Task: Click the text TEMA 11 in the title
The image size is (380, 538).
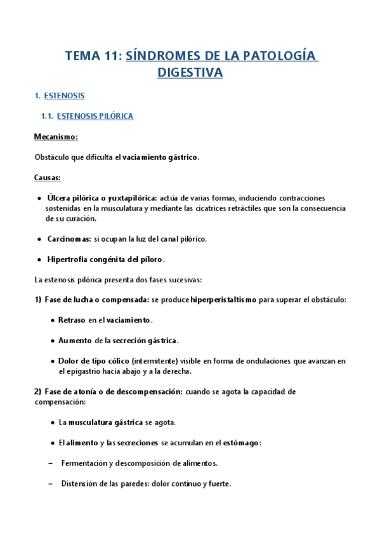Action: click(93, 56)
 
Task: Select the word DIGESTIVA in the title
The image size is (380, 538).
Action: click(190, 73)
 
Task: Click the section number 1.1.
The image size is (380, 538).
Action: click(46, 116)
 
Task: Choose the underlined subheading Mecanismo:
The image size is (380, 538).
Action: click(56, 136)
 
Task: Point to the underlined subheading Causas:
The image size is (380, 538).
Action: click(48, 178)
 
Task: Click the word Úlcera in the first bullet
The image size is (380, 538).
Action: click(58, 198)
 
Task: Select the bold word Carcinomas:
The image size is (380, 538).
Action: click(69, 239)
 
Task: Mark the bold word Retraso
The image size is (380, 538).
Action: click(72, 320)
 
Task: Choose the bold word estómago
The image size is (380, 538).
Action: click(242, 442)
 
